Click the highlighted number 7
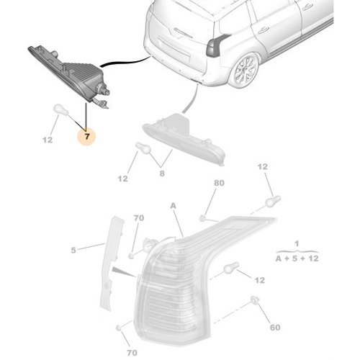(x=88, y=135)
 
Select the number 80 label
(x=219, y=184)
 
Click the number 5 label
(x=73, y=251)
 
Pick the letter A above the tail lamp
(x=172, y=205)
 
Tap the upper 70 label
(x=139, y=217)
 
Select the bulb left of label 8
(x=141, y=148)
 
